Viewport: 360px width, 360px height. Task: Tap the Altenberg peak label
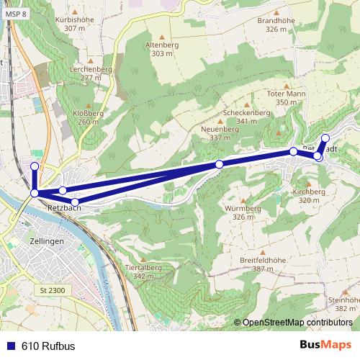pos(161,45)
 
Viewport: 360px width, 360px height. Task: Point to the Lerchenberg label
pos(91,68)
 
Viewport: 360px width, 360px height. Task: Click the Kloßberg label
pos(88,114)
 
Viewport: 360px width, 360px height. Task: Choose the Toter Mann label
pos(286,94)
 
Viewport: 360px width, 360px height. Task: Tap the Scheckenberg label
pos(246,113)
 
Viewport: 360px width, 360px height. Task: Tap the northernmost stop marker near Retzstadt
pos(325,138)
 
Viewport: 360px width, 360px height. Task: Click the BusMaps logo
pos(325,345)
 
